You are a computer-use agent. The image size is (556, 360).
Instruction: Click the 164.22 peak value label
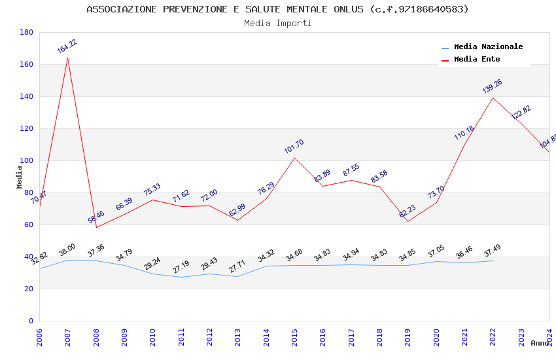[67, 46]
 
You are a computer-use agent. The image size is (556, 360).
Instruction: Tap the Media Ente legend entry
[476, 60]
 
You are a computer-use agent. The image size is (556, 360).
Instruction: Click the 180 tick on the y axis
[27, 32]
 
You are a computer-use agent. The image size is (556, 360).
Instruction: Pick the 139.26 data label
[492, 86]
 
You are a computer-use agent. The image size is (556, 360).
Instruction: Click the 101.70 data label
[294, 147]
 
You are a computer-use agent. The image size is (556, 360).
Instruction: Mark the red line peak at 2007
[67, 58]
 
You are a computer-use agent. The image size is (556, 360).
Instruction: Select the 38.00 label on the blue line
[67, 249]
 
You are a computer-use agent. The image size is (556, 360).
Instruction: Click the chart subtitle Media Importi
[278, 24]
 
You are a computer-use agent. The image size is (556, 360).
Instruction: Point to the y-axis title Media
[20, 177]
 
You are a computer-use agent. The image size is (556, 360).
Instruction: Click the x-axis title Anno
[540, 343]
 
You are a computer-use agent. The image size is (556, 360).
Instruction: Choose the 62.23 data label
[407, 211]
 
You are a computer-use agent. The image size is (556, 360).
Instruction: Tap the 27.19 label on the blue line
[181, 267]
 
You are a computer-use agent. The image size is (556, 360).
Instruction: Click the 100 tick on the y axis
[27, 160]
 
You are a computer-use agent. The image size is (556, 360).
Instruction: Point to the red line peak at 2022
[493, 98]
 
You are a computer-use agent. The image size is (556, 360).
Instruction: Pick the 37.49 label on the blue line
[492, 251]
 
